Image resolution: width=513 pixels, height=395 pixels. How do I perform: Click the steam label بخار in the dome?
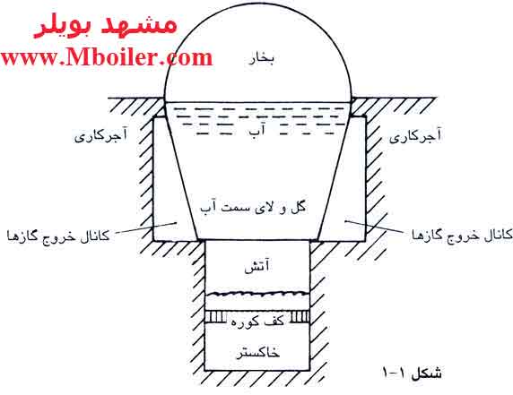262,59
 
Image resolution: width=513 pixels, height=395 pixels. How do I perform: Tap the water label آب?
257,131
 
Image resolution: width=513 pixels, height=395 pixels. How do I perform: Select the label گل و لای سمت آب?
253,207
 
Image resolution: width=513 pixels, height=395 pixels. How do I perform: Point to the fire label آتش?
257,266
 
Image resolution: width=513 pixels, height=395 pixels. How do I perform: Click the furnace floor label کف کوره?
257,321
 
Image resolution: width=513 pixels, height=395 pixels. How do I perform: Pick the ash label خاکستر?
257,353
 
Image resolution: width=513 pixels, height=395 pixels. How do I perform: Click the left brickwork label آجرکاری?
101,135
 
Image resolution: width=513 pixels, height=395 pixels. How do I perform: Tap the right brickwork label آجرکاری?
415,135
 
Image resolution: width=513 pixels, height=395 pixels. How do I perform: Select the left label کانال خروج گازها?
58,236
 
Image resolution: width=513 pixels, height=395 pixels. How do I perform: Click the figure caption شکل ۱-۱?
413,373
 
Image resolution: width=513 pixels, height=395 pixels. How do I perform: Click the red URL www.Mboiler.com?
107,58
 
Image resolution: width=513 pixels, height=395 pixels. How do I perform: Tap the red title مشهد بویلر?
105,26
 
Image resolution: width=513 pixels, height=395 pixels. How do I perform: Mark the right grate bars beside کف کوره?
299,316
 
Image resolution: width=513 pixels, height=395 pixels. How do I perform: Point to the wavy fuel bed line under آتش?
257,293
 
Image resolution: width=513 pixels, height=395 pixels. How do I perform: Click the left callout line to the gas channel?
146,228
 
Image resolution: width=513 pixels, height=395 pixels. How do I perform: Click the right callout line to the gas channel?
374,227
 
